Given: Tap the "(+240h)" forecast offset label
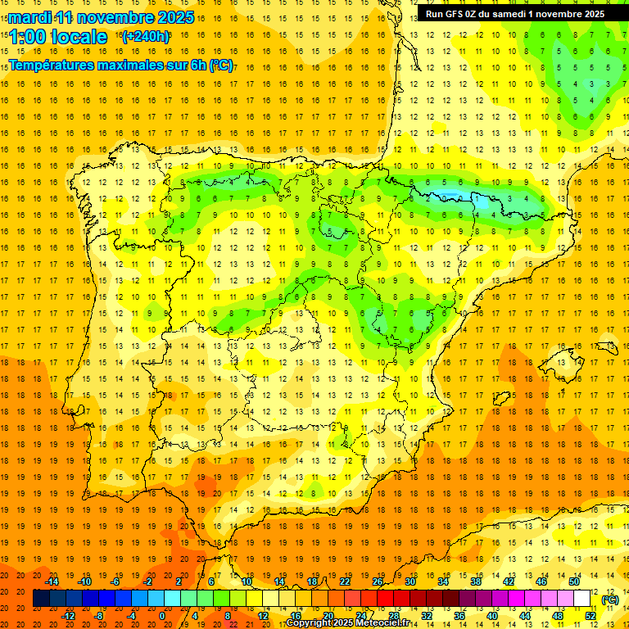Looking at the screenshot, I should pos(145,36).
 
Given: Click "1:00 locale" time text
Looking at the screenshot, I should pos(58,37).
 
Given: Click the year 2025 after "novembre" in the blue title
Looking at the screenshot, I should pos(174,17).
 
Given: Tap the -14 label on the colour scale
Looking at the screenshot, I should pos(52,581).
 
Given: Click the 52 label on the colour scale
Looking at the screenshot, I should pos(591,616).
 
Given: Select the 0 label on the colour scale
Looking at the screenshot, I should pos(162,616).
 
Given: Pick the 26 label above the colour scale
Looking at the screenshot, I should pos(378,581).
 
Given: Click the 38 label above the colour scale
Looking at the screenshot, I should pos(476,581).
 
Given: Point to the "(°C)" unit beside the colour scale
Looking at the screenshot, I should pos(610,600).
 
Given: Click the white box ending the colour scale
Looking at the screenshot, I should pos(582,599).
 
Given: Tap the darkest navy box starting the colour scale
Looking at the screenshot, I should pos(41,599).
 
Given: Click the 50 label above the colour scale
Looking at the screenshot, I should pos(574,581).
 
